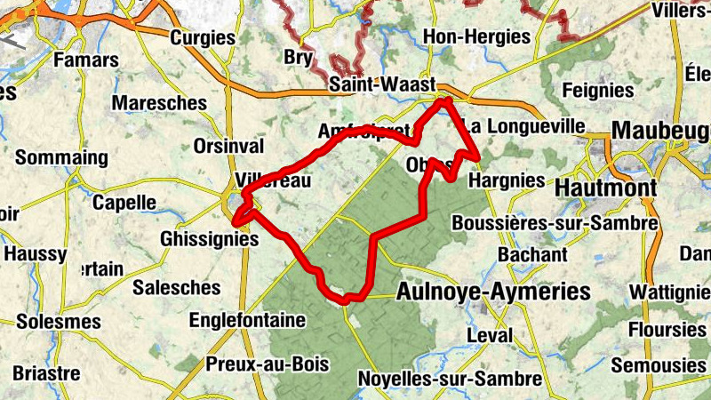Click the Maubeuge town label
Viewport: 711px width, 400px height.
tap(661, 130)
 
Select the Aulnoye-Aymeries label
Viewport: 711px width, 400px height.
tap(493, 292)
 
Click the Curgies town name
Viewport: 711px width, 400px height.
tap(203, 37)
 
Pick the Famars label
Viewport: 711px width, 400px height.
tap(86, 60)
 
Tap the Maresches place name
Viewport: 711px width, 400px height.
tap(159, 103)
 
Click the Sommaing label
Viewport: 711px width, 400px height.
tap(61, 158)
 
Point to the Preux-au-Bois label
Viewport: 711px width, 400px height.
tap(267, 364)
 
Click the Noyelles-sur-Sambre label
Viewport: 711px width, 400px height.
tap(449, 380)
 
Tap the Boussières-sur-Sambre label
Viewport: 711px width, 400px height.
tap(555, 223)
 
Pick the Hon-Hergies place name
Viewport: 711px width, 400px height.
tap(477, 36)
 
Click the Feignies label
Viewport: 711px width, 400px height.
tap(598, 90)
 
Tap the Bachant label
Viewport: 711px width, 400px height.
tap(532, 254)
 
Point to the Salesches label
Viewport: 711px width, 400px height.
tap(176, 287)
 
